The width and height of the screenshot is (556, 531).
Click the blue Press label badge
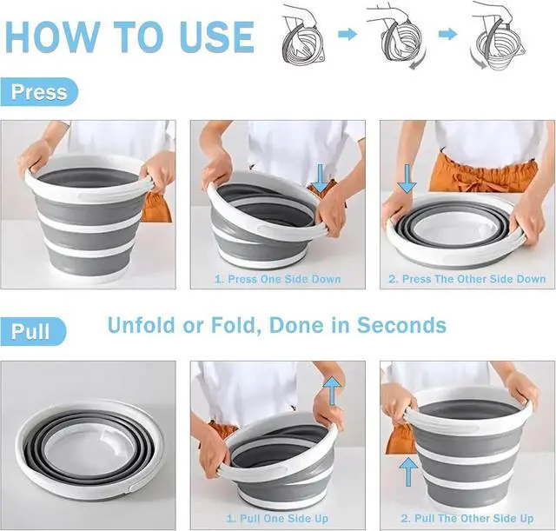39,92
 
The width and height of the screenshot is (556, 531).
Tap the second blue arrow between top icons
447,34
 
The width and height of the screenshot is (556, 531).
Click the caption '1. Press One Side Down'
277,279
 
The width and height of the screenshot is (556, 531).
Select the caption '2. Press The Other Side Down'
467,279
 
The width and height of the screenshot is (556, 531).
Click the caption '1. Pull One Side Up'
277,519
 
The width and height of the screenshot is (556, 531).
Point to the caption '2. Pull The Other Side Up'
467,519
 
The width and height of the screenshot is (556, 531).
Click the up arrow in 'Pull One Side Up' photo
330,392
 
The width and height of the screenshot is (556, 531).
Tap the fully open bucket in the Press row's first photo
87,217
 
